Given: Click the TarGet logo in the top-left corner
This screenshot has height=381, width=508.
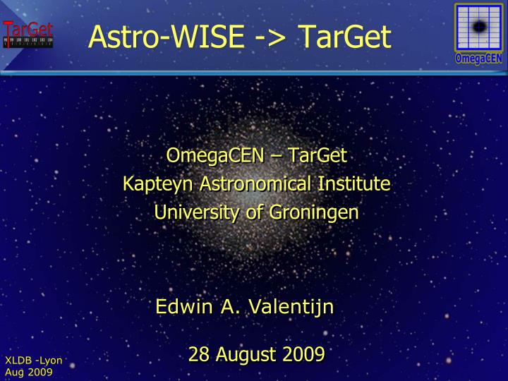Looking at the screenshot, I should [x=28, y=34].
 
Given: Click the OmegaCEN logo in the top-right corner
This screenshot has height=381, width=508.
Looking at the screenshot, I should [x=478, y=32].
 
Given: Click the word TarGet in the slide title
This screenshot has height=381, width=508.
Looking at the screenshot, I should [x=345, y=37].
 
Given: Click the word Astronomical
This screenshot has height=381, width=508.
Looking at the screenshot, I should [x=255, y=184].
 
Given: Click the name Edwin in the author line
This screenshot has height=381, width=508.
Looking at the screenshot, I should [x=181, y=308].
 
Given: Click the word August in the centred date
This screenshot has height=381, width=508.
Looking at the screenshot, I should [x=244, y=354].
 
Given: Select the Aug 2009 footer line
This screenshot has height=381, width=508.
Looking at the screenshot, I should [x=29, y=372].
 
